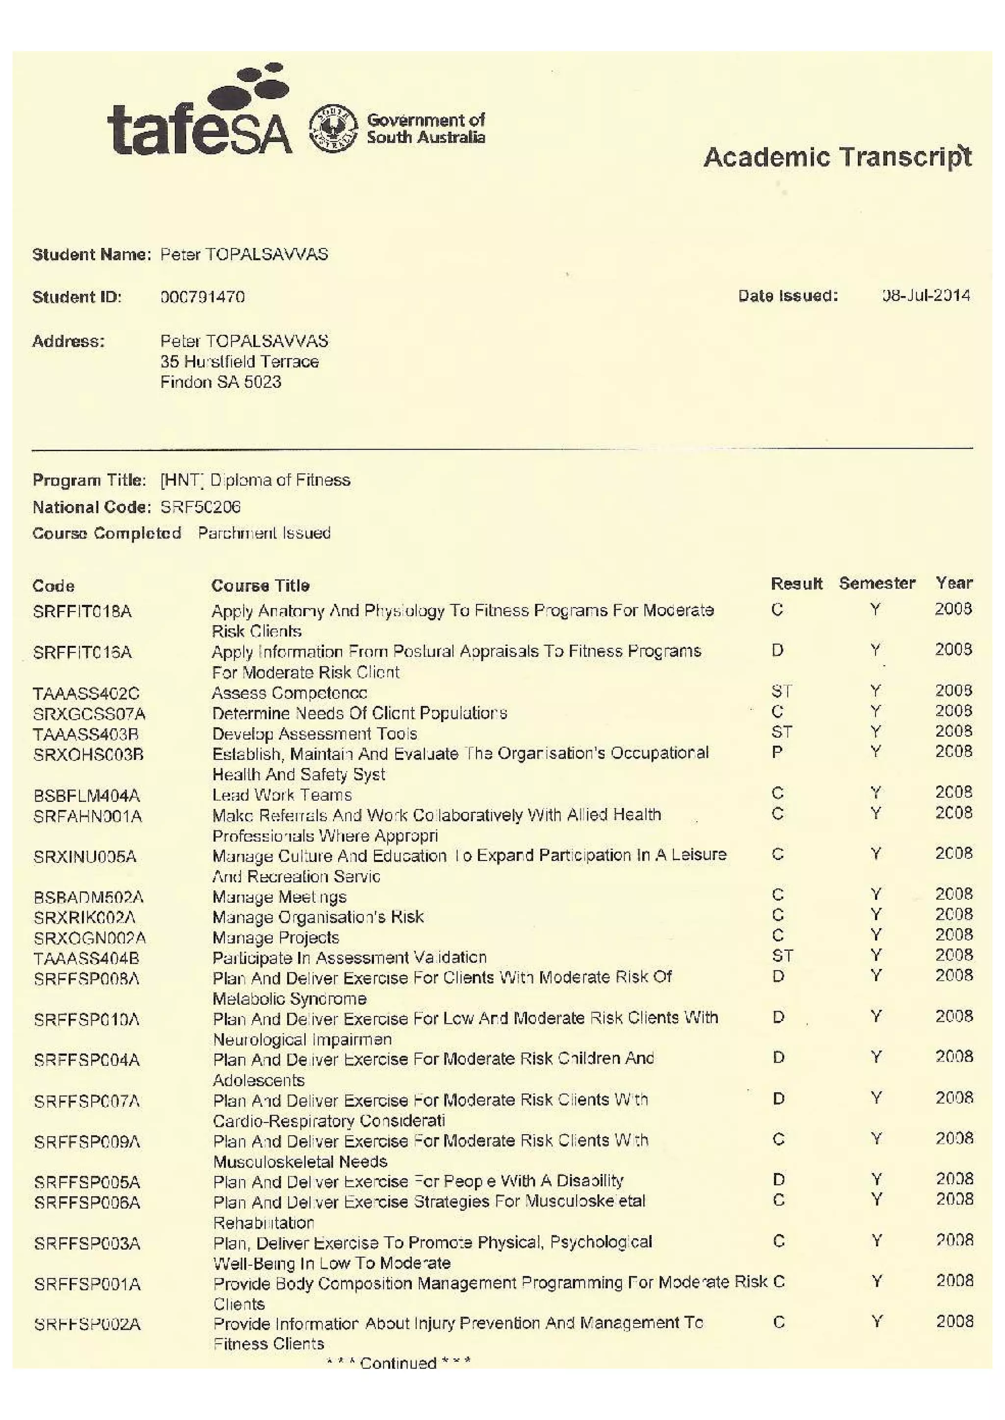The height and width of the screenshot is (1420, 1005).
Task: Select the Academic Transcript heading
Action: click(x=837, y=157)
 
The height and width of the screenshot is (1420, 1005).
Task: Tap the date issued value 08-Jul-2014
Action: click(x=926, y=295)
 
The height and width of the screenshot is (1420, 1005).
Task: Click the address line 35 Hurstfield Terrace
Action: click(x=239, y=361)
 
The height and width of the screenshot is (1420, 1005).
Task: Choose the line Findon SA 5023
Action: click(x=221, y=382)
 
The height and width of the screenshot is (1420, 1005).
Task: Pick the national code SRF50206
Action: click(x=201, y=507)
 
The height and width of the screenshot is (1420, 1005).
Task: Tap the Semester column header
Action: click(x=877, y=583)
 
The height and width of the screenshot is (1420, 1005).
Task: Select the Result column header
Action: click(x=796, y=583)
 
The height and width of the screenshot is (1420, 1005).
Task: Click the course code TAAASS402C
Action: click(x=86, y=693)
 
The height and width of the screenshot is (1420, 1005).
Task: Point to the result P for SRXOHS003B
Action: click(x=778, y=752)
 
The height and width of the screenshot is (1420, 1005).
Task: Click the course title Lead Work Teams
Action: click(x=282, y=794)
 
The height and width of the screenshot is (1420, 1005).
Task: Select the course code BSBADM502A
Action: click(x=88, y=897)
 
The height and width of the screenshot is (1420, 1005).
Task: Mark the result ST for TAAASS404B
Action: click(x=782, y=956)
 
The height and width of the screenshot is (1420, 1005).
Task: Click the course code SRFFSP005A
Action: click(x=87, y=1182)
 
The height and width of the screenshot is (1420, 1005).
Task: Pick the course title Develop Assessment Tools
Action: click(x=315, y=733)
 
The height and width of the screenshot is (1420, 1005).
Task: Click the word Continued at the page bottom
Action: click(x=398, y=1363)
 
